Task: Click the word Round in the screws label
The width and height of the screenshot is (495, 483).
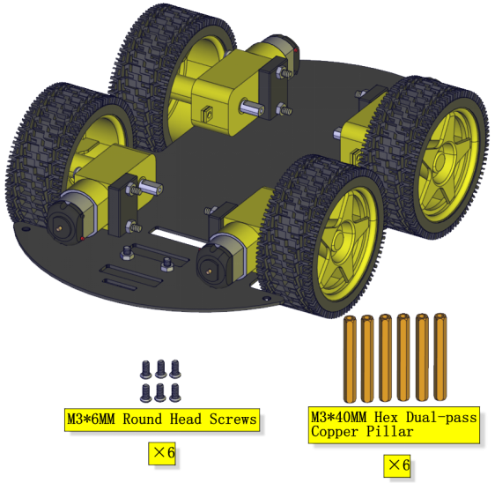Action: (x=142, y=420)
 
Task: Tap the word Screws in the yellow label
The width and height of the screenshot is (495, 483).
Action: (x=233, y=420)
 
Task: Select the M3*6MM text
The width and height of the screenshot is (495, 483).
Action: (x=91, y=420)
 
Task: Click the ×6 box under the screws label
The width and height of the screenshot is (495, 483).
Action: (x=162, y=453)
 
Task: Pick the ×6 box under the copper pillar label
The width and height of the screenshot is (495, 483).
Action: (x=397, y=465)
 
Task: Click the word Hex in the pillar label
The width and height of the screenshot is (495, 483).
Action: (x=386, y=417)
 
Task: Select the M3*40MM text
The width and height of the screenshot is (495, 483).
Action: (x=339, y=417)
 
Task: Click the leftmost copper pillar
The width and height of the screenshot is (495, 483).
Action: (x=350, y=359)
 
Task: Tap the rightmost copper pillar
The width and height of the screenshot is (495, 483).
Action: (x=440, y=357)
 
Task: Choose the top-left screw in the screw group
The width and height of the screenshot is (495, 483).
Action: (x=146, y=369)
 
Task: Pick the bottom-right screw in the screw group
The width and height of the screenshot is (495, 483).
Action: (x=175, y=393)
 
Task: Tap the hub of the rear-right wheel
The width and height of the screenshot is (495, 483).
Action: (x=440, y=163)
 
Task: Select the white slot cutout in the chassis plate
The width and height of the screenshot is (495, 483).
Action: (x=177, y=238)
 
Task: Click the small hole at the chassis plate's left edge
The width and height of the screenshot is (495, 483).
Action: (x=26, y=228)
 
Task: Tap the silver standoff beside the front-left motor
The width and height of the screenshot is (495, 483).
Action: (x=151, y=186)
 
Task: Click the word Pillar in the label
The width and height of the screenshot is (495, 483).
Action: (x=390, y=432)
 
